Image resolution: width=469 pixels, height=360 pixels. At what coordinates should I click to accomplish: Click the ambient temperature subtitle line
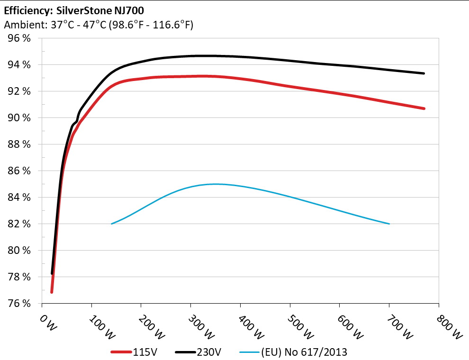point(98,25)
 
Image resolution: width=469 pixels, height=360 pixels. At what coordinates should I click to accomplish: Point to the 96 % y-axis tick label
point(20,38)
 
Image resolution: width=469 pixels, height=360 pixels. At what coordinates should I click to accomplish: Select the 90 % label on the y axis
point(20,117)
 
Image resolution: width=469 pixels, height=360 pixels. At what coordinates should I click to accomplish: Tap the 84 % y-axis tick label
point(20,197)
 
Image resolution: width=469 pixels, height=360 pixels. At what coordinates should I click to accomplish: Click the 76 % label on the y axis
point(20,303)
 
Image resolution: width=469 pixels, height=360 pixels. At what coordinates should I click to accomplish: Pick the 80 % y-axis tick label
point(20,250)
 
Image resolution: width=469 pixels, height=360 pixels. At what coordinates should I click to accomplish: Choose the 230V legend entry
point(198,352)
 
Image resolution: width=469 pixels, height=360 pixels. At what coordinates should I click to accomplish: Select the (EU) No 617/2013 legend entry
point(294,352)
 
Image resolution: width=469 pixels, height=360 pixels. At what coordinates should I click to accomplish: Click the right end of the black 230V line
point(424,73)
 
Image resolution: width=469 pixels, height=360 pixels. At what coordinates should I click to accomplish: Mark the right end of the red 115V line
point(424,108)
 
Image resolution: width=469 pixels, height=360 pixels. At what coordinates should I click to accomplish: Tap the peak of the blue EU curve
point(216,184)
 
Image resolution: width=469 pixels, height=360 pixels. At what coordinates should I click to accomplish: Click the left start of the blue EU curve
point(111,224)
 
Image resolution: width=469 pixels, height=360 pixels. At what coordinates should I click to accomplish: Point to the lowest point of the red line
point(52,292)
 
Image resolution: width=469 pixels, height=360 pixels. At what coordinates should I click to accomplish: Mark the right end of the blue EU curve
point(389,224)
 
